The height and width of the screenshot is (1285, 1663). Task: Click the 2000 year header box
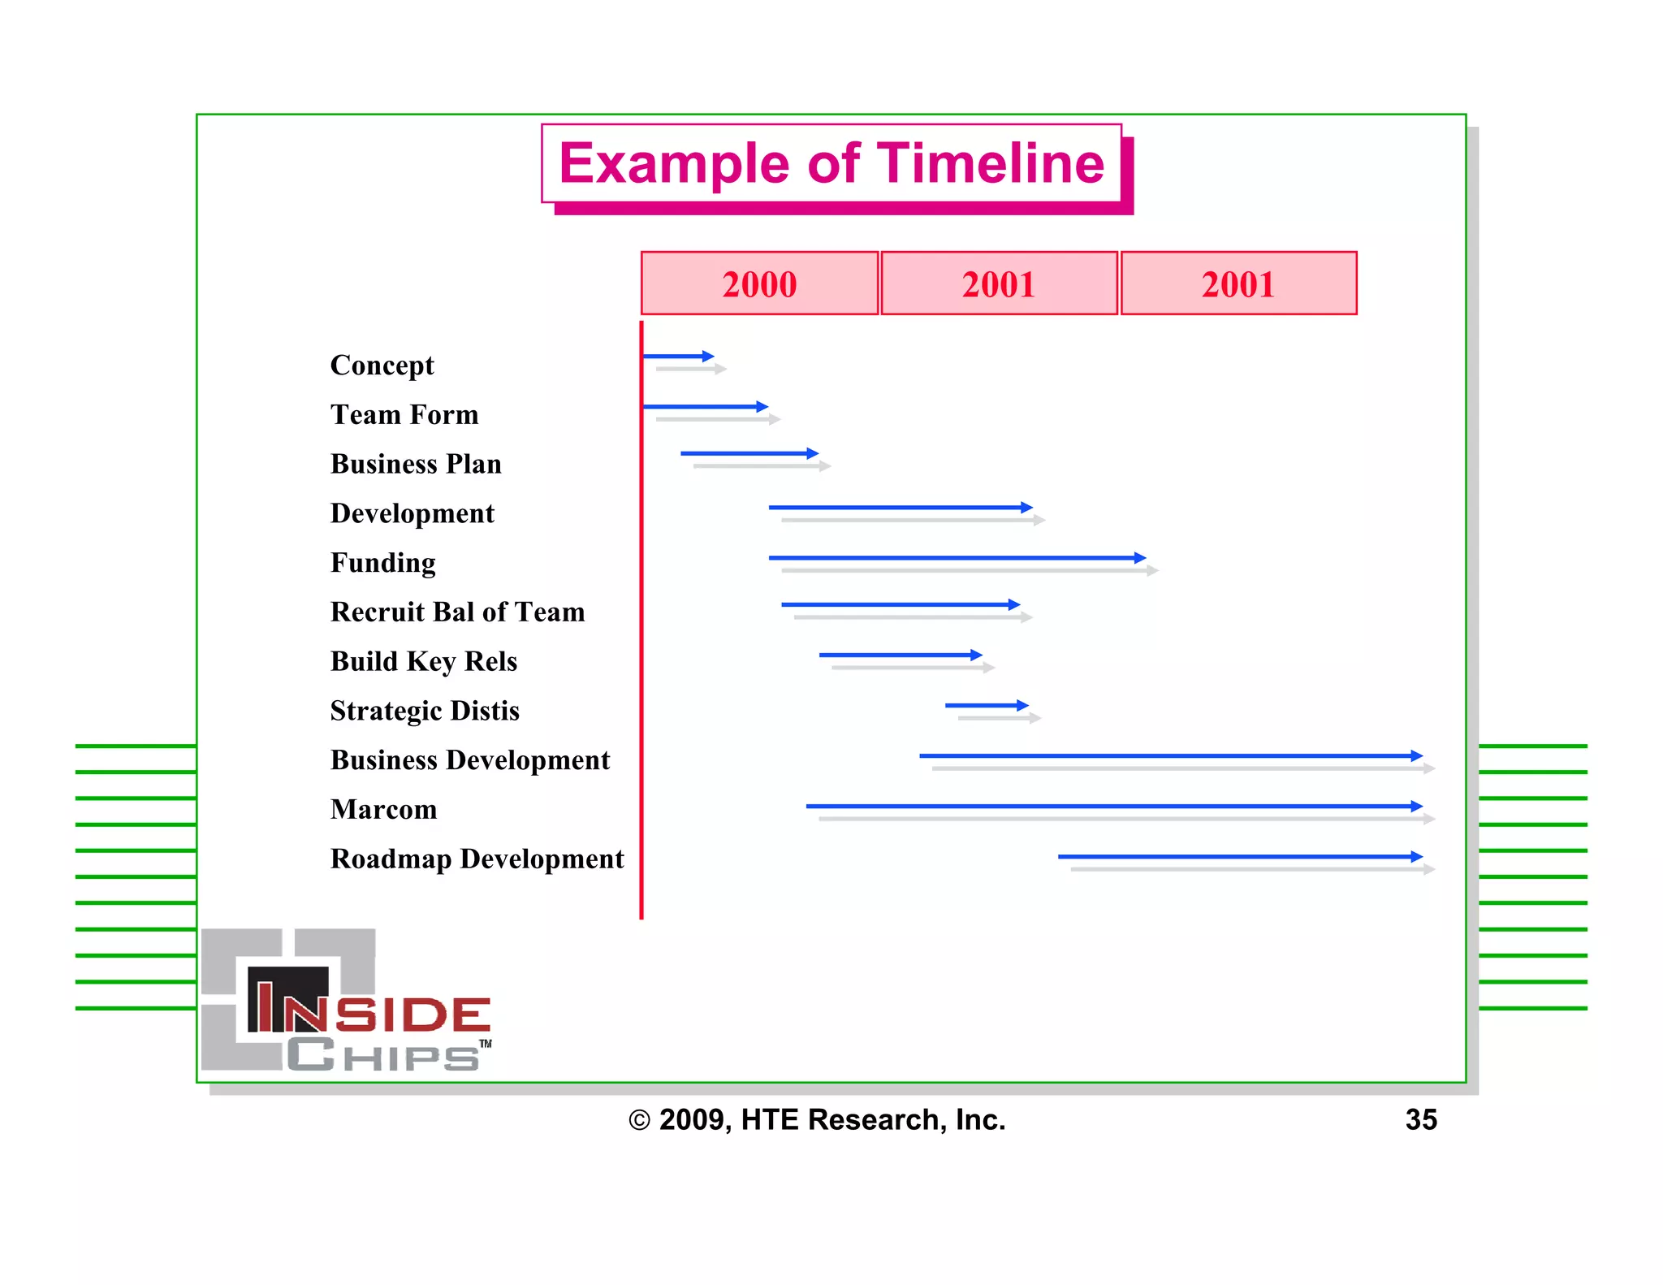pos(759,283)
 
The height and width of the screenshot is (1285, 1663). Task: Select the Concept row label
pos(382,366)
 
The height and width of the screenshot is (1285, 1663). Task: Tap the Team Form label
pos(404,415)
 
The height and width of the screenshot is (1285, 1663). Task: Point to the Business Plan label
pos(416,464)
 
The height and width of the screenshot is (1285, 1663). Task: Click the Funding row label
pos(382,563)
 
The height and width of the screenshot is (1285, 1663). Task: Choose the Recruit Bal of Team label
pos(457,612)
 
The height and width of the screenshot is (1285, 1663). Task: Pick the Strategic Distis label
pos(425,711)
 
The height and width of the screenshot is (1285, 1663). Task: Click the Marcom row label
pos(383,809)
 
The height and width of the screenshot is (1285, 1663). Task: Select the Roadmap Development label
pos(477,859)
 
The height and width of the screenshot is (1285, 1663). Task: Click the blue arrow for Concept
pos(677,356)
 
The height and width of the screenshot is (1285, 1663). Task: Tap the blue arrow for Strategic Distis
pos(986,705)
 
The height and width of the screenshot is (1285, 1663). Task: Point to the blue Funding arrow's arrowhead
pos(1140,558)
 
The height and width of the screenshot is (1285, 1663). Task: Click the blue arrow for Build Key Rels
pos(900,655)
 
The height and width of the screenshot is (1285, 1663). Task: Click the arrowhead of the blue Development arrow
pos(1027,508)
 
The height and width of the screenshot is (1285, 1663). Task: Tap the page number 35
pos(1421,1119)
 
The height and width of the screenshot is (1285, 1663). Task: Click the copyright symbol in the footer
pos(639,1120)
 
